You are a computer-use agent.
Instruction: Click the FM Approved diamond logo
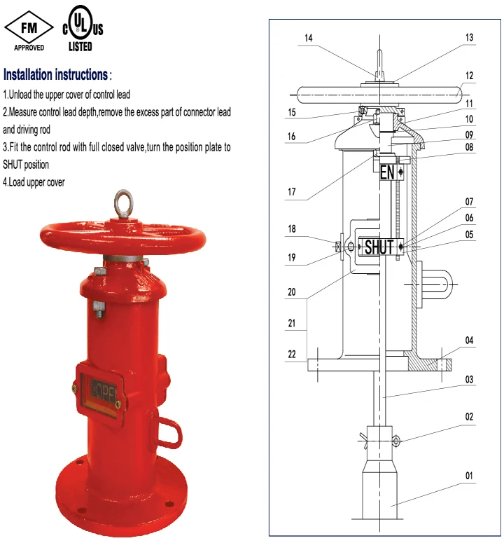click(29, 29)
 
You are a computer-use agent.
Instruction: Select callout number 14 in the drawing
click(308, 39)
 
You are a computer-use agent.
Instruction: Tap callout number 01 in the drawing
click(469, 476)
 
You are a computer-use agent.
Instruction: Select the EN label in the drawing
click(387, 172)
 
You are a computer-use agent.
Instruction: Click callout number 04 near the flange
click(469, 341)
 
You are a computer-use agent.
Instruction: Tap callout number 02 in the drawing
click(469, 416)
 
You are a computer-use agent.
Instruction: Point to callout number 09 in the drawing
click(469, 135)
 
